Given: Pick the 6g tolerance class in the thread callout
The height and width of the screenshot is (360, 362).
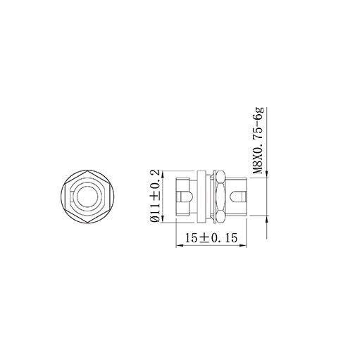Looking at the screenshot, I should coord(258,114).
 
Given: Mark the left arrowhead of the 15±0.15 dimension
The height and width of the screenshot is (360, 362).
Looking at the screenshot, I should coord(177,247).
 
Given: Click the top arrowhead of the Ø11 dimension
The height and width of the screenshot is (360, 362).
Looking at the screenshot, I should coord(163,172).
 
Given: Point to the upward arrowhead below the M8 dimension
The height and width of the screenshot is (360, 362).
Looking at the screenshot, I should coord(266,220).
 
